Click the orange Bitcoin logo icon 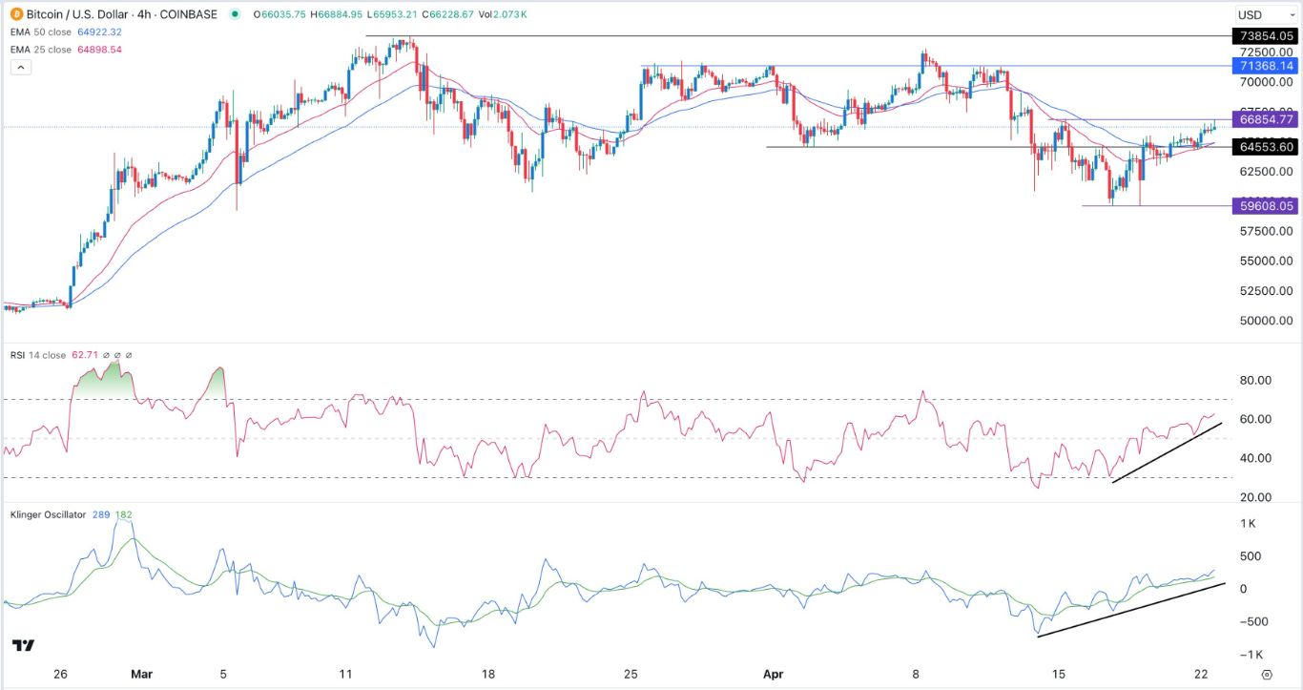click(16, 14)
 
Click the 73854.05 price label click(1263, 35)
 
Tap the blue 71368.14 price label click(1263, 66)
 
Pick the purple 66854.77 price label click(1263, 119)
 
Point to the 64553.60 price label click(1263, 147)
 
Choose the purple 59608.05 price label click(1263, 205)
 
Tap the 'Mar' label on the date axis click(141, 674)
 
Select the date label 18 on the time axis click(487, 674)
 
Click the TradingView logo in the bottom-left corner click(25, 646)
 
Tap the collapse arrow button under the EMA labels click(20, 67)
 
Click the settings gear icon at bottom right click(1267, 674)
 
